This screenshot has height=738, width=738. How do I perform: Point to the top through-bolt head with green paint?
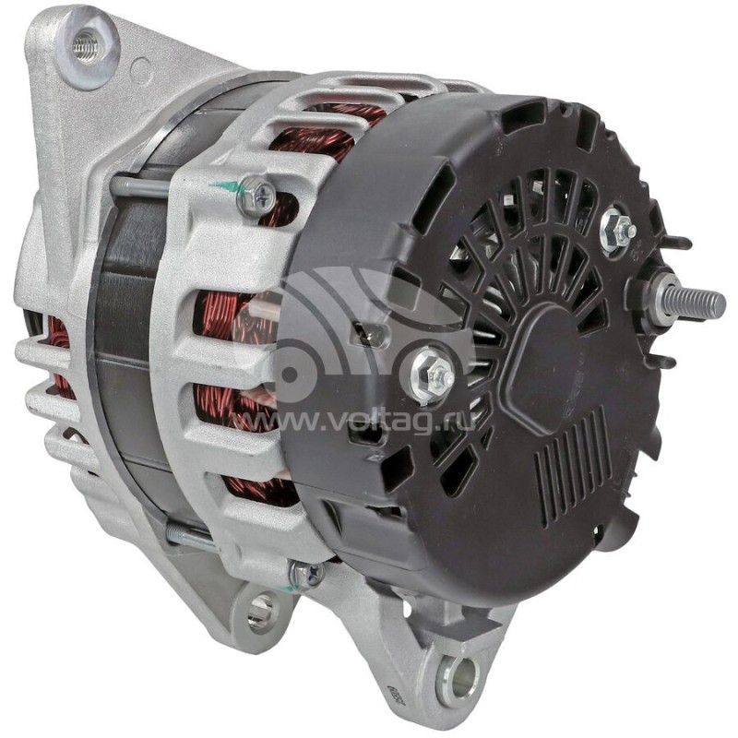pos(257,195)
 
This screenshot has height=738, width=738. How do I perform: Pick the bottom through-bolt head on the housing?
pos(306,574)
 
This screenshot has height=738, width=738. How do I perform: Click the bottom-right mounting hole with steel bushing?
pos(459,680)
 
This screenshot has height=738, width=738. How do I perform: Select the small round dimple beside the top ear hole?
pos(140,67)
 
